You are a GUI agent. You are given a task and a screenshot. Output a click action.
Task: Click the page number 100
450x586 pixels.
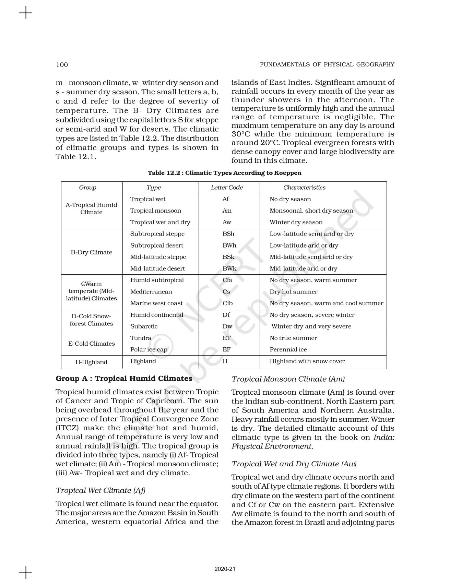tap(62, 65)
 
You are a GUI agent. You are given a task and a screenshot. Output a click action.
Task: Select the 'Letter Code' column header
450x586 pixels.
tap(227, 188)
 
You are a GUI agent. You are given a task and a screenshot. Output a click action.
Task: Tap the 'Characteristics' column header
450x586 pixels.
tap(304, 188)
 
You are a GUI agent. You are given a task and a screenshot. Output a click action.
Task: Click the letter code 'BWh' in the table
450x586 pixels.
tap(229, 246)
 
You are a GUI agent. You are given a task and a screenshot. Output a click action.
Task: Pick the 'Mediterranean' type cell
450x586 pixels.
tap(151, 292)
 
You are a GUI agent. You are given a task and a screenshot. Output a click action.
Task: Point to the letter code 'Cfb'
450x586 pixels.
tap(227, 303)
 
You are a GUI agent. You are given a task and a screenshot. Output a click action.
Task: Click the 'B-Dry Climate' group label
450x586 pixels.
tap(91, 252)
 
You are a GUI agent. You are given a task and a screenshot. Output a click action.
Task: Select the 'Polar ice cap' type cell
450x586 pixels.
tap(149, 350)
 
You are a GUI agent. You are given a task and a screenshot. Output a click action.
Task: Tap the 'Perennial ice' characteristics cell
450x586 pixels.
tap(288, 350)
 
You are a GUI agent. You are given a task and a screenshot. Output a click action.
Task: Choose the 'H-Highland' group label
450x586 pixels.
tap(91, 362)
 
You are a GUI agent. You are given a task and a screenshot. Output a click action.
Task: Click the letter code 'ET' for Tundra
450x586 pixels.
tap(226, 338)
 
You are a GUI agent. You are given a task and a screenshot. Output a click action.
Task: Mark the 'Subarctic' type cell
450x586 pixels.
tap(144, 326)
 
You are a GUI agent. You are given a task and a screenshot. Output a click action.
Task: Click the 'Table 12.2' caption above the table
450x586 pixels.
tap(224, 173)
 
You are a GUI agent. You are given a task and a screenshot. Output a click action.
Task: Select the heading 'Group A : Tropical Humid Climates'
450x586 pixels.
tap(124, 379)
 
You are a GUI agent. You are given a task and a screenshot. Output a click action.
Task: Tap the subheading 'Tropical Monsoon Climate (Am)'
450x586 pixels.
tap(288, 379)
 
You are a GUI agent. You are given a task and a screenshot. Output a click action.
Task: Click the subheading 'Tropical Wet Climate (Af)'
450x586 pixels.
tap(100, 491)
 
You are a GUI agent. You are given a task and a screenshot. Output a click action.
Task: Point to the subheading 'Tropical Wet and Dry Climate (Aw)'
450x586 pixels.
tap(294, 464)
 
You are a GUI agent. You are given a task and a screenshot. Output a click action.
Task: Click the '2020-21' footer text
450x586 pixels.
tap(225, 569)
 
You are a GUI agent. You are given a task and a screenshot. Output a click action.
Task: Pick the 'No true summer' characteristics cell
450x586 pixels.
tap(293, 338)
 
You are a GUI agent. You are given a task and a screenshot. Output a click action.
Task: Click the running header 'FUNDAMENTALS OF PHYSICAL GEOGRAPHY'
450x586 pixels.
tap(327, 64)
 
